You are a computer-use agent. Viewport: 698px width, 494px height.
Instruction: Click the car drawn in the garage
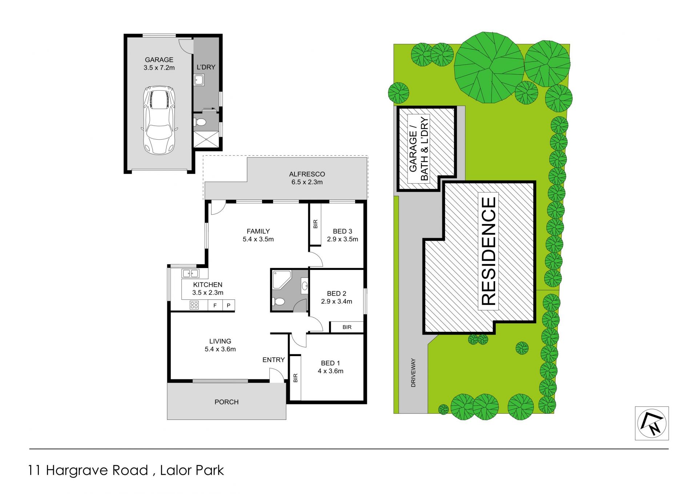tap(159, 120)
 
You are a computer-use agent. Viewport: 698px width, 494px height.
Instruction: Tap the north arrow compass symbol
tap(652, 423)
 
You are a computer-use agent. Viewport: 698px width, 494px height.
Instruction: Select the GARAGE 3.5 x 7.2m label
tap(159, 64)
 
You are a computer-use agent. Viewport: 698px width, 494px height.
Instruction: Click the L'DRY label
tap(206, 67)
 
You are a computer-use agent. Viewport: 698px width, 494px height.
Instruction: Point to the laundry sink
tap(199, 80)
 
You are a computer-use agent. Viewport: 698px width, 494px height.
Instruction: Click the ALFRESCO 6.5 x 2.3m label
tap(307, 178)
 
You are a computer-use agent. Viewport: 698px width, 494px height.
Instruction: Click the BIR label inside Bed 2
tap(347, 327)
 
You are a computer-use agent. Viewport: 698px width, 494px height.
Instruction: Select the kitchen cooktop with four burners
tap(194, 305)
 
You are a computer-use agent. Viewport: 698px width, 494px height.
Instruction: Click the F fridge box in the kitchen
tap(215, 305)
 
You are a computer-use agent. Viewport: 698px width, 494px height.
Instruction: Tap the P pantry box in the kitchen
tap(228, 305)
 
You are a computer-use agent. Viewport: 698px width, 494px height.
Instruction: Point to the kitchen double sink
tap(190, 273)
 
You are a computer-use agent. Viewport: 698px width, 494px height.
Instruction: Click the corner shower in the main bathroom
tap(281, 279)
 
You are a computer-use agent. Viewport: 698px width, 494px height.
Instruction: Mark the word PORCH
tap(226, 402)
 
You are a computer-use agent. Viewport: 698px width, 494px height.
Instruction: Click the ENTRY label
tap(274, 360)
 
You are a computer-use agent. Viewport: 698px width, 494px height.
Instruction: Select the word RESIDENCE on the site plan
tap(488, 251)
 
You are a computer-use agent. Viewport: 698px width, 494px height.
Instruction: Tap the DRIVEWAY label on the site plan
tap(413, 373)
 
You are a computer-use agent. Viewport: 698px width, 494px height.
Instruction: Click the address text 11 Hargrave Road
tap(88, 470)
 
